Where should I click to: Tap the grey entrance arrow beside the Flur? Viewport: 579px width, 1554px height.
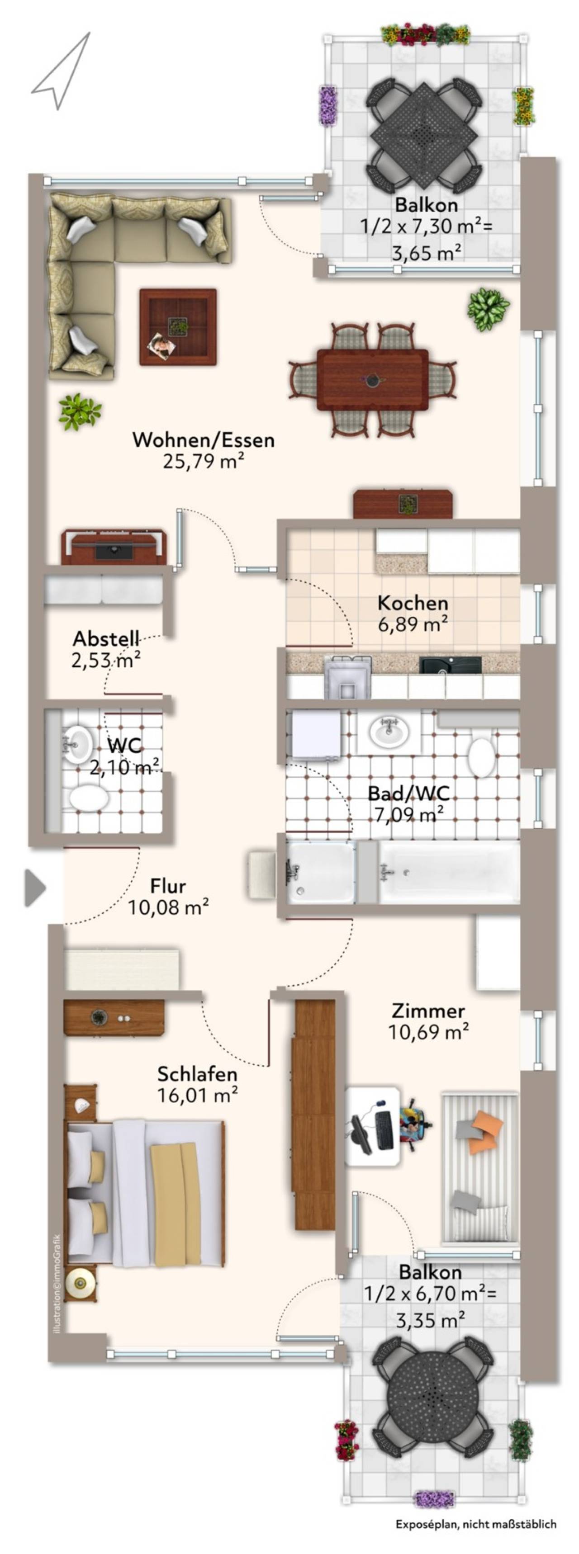35,888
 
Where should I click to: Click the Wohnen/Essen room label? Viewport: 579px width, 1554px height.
204,440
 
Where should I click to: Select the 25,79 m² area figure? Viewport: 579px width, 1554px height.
204,462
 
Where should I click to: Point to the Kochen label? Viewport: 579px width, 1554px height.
413,603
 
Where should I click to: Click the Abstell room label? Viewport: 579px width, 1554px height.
106,638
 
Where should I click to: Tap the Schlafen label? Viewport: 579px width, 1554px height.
197,1074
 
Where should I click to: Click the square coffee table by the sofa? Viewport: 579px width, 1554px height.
178,327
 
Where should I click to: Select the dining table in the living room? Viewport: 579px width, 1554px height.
373,379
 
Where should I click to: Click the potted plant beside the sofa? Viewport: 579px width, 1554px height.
79,411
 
